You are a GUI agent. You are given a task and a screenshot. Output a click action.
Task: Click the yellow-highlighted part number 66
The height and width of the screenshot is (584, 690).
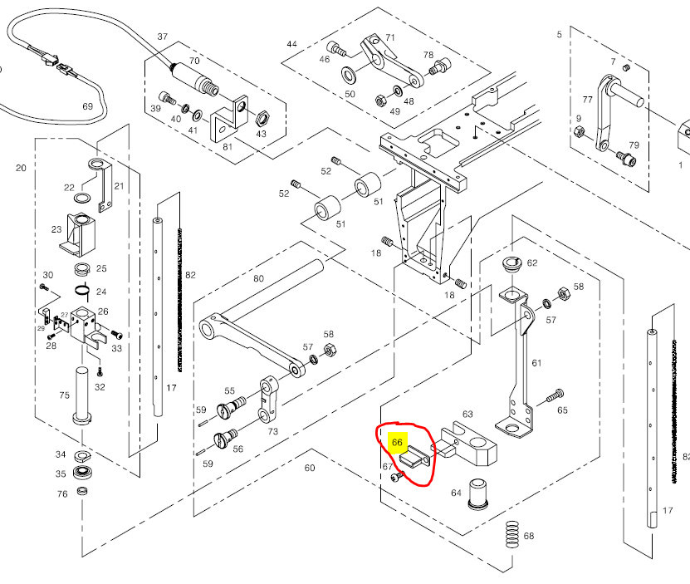tap(397, 443)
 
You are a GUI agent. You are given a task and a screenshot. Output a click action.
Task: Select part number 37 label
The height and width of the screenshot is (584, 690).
tap(162, 37)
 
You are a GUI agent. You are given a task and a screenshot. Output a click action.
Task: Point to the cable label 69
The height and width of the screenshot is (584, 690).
tap(87, 106)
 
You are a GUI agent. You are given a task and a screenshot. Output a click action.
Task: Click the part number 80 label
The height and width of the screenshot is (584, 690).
tap(258, 279)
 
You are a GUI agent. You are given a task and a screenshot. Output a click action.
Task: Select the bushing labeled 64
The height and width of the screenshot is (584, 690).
tap(478, 493)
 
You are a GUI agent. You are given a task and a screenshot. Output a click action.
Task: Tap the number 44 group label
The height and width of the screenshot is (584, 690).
tap(291, 43)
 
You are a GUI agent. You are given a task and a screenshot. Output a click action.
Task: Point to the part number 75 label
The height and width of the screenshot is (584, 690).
tap(64, 395)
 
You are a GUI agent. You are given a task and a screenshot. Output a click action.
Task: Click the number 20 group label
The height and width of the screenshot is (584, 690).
tap(21, 168)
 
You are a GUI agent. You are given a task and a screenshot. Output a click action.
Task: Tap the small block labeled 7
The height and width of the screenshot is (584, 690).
tap(627, 67)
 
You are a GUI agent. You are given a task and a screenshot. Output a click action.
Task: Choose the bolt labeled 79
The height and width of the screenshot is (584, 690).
tap(623, 154)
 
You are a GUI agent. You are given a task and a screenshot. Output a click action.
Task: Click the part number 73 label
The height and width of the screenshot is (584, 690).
tap(272, 432)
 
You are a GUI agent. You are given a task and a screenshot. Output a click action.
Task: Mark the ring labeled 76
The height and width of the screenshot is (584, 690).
tap(82, 491)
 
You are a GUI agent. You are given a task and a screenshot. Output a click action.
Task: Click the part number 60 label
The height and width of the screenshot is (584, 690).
tap(310, 469)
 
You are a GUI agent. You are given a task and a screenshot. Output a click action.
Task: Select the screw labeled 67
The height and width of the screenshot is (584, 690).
tap(399, 477)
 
